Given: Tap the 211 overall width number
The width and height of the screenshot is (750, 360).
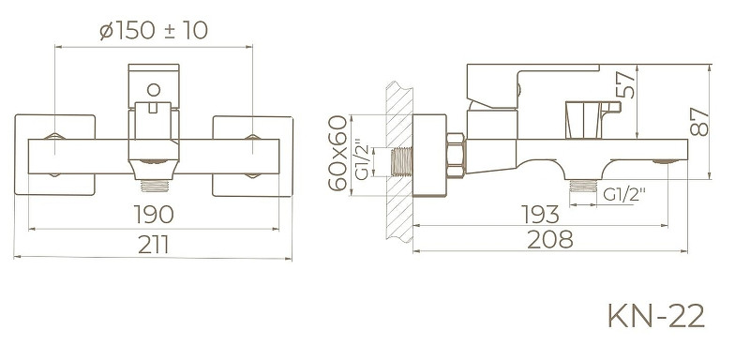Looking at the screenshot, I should pyautogui.click(x=155, y=245).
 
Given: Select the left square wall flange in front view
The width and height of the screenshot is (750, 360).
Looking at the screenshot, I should pyautogui.click(x=56, y=156).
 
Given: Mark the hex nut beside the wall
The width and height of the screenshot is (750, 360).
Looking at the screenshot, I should pyautogui.click(x=457, y=155).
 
